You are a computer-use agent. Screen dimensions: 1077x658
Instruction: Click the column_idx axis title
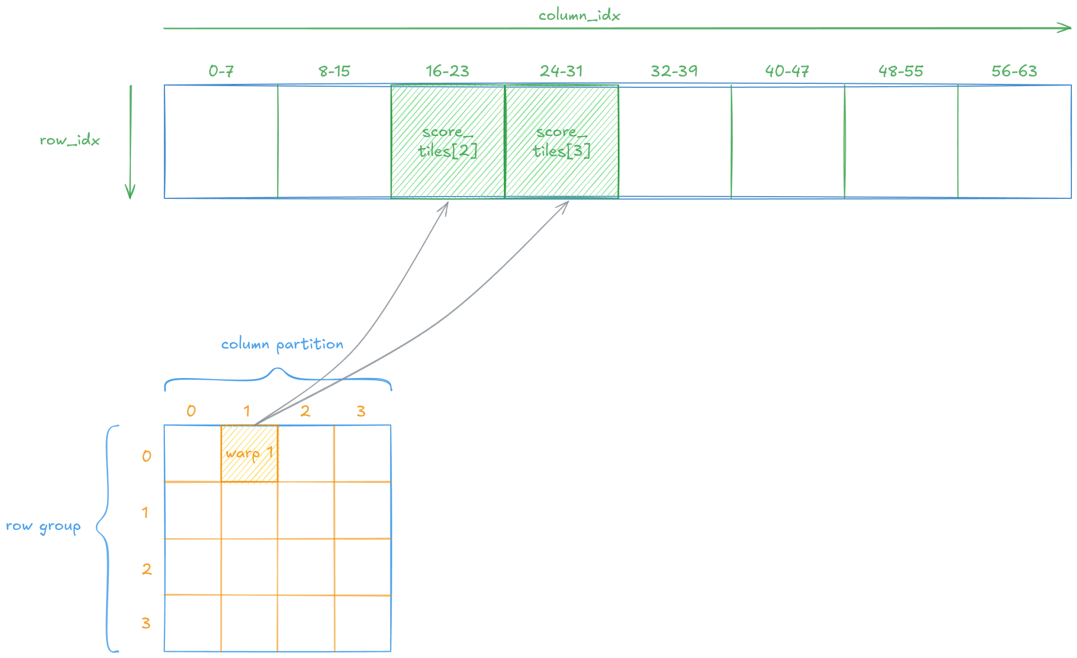point(579,15)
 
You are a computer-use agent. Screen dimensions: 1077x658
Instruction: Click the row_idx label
point(70,140)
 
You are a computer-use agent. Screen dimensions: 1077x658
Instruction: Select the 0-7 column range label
point(221,71)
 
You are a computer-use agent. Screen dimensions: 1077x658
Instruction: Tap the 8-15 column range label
point(334,71)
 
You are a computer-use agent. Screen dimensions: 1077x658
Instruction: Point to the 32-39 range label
point(675,71)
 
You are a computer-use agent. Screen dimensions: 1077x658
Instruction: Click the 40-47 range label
point(787,71)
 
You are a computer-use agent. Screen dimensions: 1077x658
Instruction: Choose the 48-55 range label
point(901,71)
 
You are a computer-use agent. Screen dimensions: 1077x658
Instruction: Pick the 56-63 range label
point(1015,71)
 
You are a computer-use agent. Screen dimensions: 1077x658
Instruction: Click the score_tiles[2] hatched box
point(448,142)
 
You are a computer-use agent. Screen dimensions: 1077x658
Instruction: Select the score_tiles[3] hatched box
point(562,142)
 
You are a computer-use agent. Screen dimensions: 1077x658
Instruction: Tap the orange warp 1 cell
point(249,453)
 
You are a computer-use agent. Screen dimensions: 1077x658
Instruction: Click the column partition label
point(282,345)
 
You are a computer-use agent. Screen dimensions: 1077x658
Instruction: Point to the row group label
point(43,527)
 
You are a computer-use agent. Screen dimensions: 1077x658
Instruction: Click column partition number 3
point(361,411)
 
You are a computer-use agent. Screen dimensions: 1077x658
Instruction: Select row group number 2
point(147,569)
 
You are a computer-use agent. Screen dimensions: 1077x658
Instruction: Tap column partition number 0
point(191,411)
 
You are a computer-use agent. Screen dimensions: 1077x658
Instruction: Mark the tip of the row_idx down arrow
point(130,198)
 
